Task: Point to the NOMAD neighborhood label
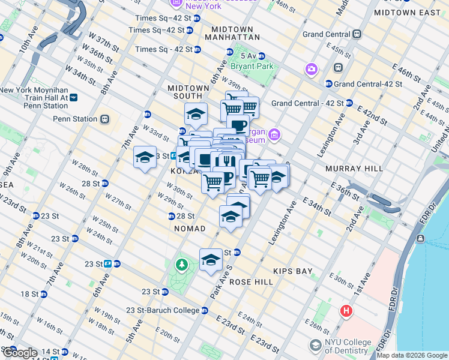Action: point(190,229)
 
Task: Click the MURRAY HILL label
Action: point(354,169)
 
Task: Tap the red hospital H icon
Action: point(346,311)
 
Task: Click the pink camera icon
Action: point(311,69)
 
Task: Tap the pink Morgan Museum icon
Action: point(275,134)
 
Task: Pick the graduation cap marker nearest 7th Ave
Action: point(144,158)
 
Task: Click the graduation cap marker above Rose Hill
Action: point(210,260)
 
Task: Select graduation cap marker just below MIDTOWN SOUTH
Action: point(195,114)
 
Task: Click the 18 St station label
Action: point(30,294)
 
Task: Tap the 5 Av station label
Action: point(249,56)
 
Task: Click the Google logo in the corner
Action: point(19,353)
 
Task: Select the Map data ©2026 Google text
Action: point(411,355)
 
